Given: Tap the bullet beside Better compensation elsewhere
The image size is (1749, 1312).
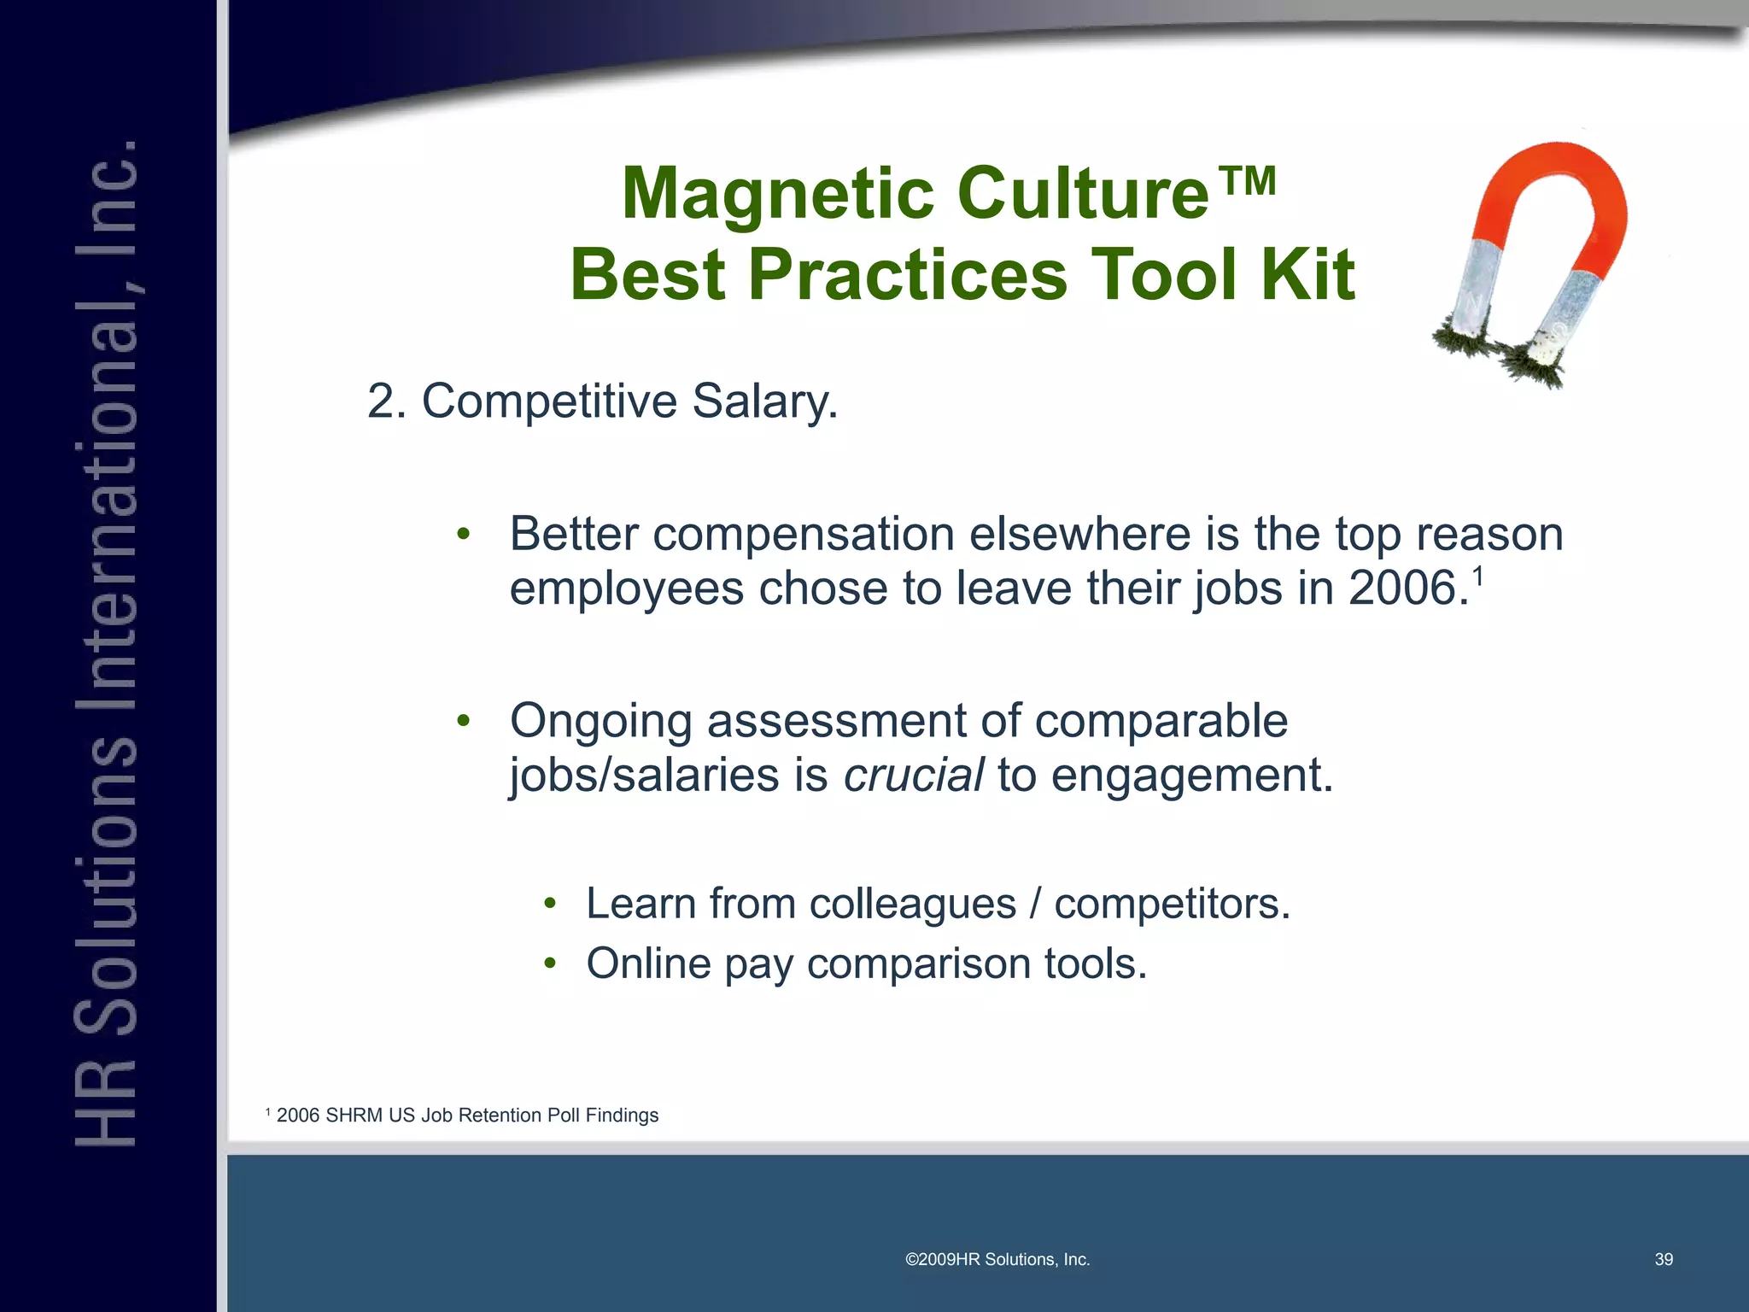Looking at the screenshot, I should pos(463,536).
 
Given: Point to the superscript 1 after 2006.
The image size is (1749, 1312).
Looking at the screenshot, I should pos(1477,575).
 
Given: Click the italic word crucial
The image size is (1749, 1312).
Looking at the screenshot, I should pos(913,775).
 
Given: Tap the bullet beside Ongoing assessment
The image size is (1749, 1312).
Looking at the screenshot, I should pos(463,722).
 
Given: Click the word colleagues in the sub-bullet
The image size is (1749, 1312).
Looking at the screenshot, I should pos(912,904).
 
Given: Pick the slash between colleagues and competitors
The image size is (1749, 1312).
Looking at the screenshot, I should pos(1035,904).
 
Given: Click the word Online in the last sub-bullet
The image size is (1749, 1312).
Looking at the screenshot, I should pos(648,963).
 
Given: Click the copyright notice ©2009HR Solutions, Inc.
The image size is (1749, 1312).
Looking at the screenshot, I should pos(997,1260).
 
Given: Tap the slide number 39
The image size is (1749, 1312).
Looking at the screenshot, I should pos(1663,1260).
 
